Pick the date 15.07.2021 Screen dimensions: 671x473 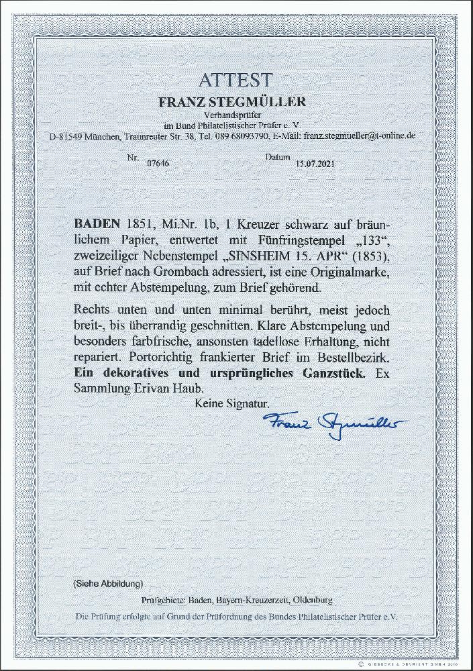point(313,163)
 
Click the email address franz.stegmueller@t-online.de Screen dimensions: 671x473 point(360,136)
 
